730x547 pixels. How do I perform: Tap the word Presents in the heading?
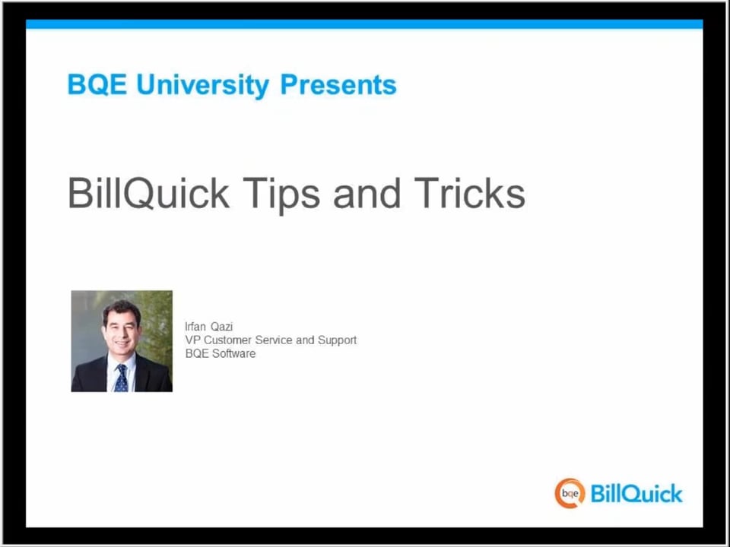click(338, 84)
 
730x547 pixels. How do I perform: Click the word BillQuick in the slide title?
click(148, 193)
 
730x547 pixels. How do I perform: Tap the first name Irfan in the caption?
click(195, 327)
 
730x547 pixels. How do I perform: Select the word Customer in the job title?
click(227, 340)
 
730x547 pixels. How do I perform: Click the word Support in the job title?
click(337, 340)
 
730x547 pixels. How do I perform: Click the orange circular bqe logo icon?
click(570, 494)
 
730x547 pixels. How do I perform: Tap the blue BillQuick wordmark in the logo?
click(636, 494)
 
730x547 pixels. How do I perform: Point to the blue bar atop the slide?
click(364, 24)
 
